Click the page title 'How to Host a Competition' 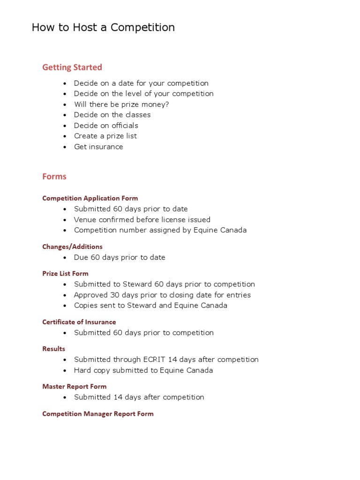pyautogui.click(x=103, y=28)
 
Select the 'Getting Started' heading pyautogui.click(x=72, y=67)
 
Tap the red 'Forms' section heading pyautogui.click(x=54, y=177)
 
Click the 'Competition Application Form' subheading pyautogui.click(x=90, y=198)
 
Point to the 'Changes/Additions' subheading pyautogui.click(x=72, y=247)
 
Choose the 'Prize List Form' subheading pyautogui.click(x=65, y=274)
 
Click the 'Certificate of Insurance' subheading pyautogui.click(x=79, y=322)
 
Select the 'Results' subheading pyautogui.click(x=54, y=349)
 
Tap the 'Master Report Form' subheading pyautogui.click(x=74, y=387)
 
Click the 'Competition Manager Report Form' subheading pyautogui.click(x=97, y=414)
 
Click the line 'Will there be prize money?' pyautogui.click(x=121, y=105)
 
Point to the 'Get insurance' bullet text pyautogui.click(x=98, y=147)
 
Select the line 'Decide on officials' pyautogui.click(x=106, y=126)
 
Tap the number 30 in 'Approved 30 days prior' pyautogui.click(x=116, y=295)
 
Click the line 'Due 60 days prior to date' pyautogui.click(x=120, y=257)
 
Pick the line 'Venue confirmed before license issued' pyautogui.click(x=142, y=220)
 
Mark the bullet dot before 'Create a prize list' pyautogui.click(x=65, y=136)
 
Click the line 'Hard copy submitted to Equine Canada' pyautogui.click(x=143, y=370)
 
